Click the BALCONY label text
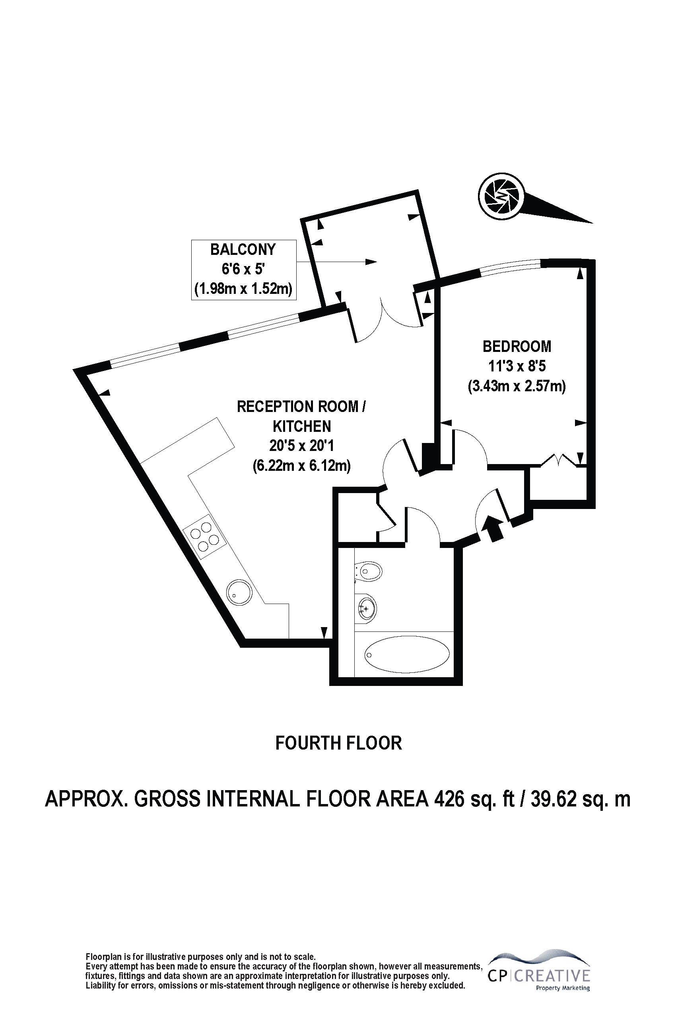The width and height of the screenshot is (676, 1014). [243, 250]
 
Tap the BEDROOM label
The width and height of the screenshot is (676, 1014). [517, 346]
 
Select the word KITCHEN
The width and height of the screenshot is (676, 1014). [302, 426]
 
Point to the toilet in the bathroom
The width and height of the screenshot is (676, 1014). [369, 573]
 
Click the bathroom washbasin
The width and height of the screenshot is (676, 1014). [367, 609]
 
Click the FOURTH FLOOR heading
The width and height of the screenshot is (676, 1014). [338, 742]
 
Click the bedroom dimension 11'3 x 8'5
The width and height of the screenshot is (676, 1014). [517, 366]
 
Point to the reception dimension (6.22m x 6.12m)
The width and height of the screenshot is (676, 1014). [301, 465]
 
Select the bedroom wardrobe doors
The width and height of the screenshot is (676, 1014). [559, 460]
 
